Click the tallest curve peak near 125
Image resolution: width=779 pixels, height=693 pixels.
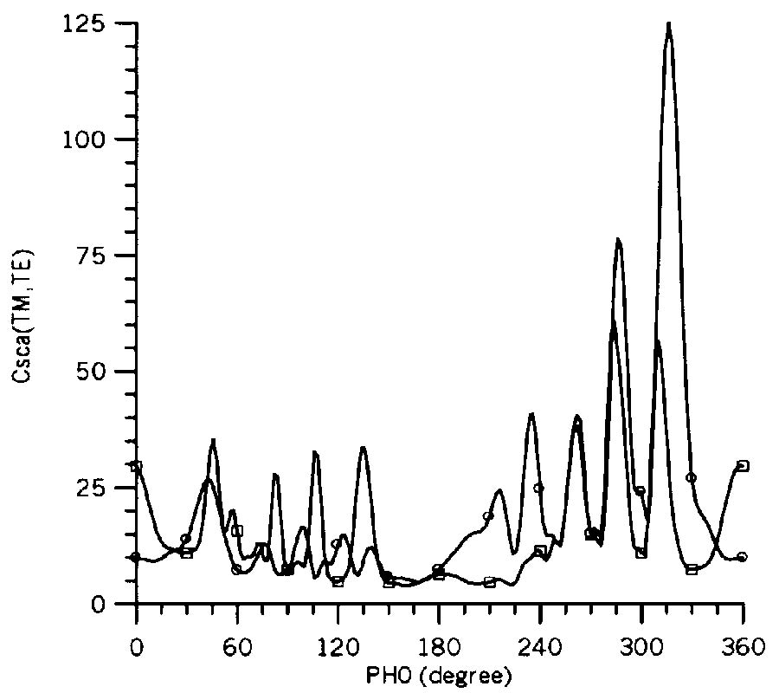point(669,24)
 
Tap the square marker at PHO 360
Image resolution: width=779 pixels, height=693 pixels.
point(743,466)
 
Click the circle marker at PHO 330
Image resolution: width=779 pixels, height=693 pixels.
point(691,477)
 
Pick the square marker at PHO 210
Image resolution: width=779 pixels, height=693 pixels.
point(490,582)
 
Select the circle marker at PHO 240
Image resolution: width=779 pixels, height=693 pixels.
point(538,488)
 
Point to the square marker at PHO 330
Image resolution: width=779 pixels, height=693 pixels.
point(692,569)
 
